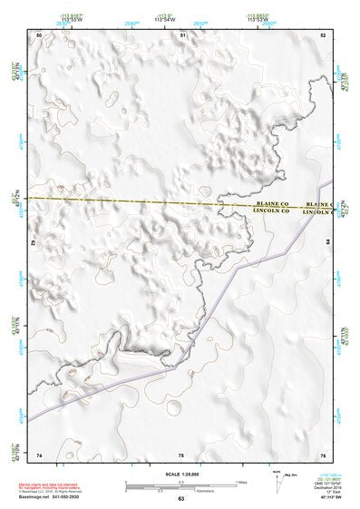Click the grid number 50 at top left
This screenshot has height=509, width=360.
point(40,34)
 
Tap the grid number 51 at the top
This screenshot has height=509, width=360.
point(183,34)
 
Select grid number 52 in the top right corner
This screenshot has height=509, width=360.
point(324,34)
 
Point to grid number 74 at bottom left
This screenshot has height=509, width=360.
point(40,454)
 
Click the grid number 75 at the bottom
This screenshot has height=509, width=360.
point(181,454)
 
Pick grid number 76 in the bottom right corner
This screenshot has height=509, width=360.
point(323,454)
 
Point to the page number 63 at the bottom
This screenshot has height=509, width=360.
point(181,498)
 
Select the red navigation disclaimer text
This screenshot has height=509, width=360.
point(47,486)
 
